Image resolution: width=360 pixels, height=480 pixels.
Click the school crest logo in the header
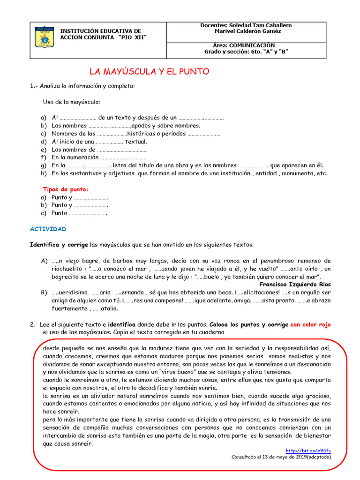(45, 37)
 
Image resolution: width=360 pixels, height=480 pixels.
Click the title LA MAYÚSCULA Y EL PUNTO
(149, 72)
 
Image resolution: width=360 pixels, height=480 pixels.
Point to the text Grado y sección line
(246, 52)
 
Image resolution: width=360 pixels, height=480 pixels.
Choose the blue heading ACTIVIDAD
(48, 229)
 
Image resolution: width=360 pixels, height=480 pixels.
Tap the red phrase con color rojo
(310, 324)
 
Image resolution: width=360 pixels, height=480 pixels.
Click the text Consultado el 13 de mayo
(281, 457)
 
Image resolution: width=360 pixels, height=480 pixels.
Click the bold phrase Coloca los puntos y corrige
(249, 324)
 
